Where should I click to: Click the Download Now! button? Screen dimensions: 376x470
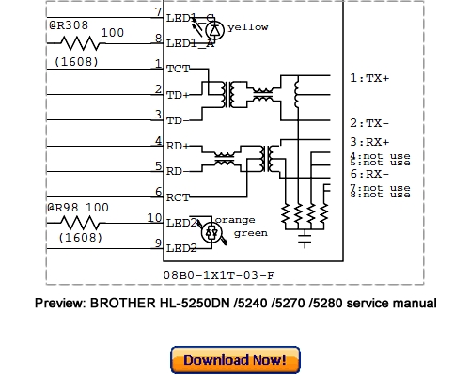click(235, 359)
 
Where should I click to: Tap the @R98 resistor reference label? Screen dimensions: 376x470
click(64, 207)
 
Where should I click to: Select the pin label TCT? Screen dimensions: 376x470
click(178, 69)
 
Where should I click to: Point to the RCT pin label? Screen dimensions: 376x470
click(178, 196)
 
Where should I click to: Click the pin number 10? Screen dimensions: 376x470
click(155, 218)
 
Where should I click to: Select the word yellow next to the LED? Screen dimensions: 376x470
click(247, 27)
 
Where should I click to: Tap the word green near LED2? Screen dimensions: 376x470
click(250, 233)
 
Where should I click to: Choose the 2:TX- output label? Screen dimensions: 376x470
click(368, 123)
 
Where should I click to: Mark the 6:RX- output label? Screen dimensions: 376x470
click(368, 173)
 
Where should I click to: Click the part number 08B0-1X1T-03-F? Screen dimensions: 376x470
click(217, 275)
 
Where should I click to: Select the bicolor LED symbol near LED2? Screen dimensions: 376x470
click(213, 230)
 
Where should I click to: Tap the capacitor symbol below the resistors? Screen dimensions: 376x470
click(304, 241)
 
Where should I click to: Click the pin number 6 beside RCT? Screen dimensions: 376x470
click(158, 191)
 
